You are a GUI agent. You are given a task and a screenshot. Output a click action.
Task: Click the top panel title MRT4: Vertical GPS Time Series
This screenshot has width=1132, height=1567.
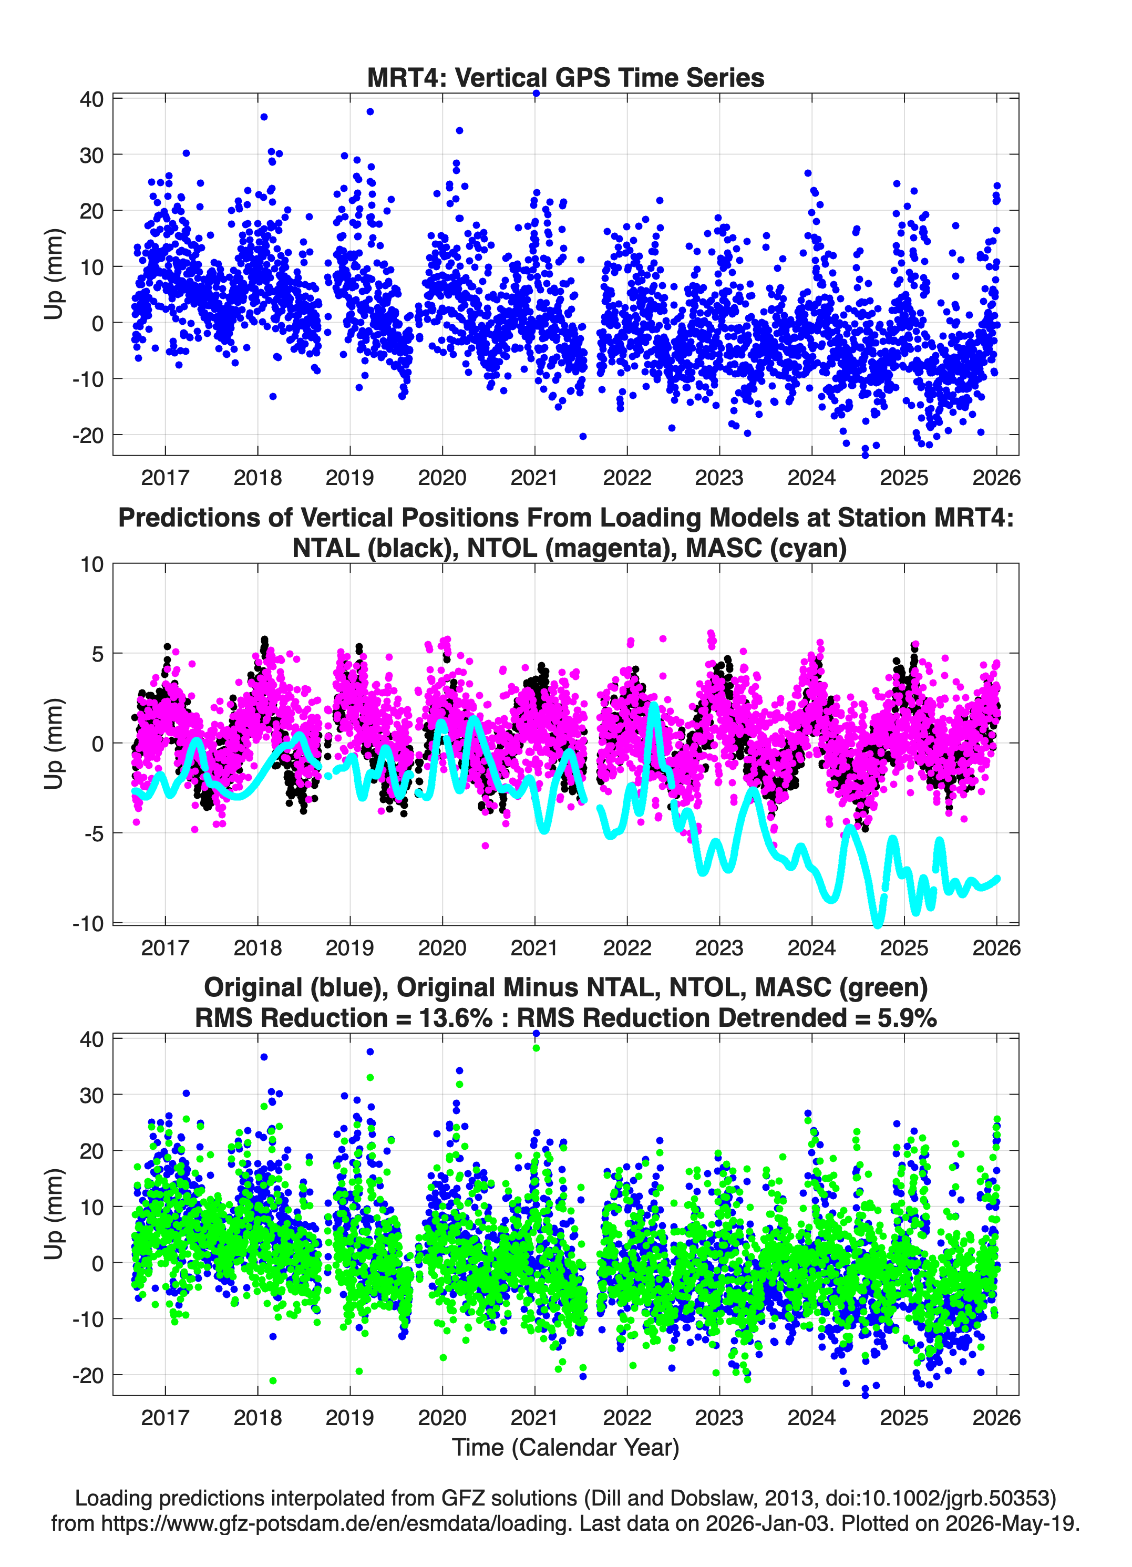[x=565, y=77]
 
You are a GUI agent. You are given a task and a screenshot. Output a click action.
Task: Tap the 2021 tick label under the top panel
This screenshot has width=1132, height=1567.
[x=534, y=478]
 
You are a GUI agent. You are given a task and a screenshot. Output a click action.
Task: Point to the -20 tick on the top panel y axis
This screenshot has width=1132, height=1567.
[x=88, y=435]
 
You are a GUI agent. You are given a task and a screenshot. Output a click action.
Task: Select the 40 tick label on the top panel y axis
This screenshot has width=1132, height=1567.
[x=92, y=99]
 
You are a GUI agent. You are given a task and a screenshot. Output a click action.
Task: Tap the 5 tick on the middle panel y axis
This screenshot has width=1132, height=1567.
[x=97, y=654]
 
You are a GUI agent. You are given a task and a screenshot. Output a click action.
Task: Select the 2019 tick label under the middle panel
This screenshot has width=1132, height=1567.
[x=349, y=948]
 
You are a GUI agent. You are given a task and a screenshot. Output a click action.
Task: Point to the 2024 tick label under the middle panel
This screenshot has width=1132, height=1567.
[x=811, y=948]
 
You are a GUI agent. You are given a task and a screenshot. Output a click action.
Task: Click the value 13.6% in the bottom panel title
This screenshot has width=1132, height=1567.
[x=456, y=1018]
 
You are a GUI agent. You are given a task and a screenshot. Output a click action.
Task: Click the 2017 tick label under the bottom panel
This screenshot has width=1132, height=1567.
[x=165, y=1417]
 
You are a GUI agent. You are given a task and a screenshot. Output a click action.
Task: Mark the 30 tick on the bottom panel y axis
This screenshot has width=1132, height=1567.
[x=92, y=1095]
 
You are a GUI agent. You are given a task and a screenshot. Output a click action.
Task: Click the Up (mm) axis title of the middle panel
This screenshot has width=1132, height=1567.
[x=54, y=744]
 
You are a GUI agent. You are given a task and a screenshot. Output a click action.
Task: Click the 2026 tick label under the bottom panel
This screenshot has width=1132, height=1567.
[x=996, y=1417]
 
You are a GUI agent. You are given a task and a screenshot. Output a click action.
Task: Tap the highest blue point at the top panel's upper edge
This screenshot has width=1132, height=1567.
[x=536, y=94]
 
